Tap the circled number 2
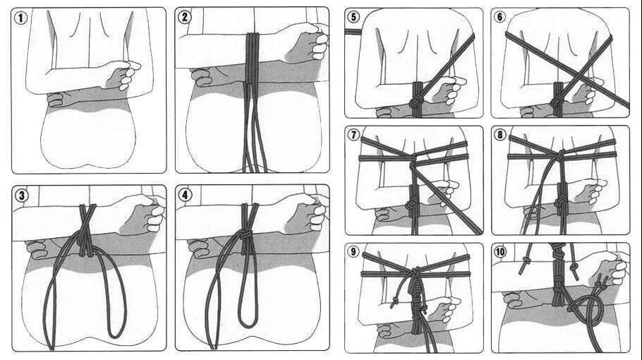(185, 18)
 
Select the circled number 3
(22, 196)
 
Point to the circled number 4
(185, 196)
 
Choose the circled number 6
(501, 17)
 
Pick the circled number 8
(501, 135)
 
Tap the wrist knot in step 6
(557, 103)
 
